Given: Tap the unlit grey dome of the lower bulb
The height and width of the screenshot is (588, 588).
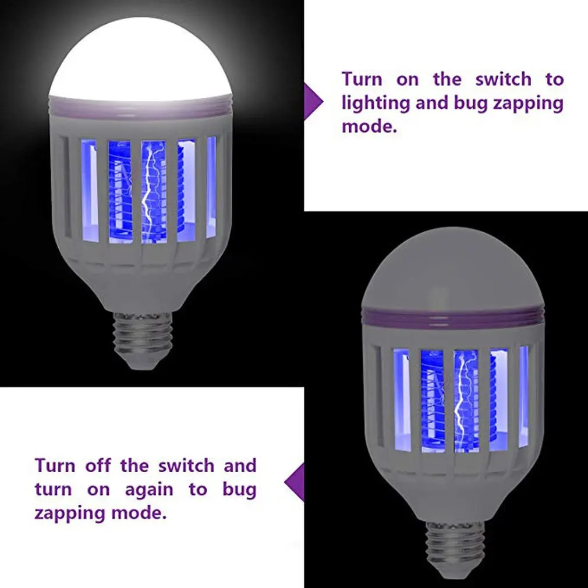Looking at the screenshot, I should click(453, 268).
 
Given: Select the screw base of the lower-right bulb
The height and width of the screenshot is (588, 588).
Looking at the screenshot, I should click(454, 547).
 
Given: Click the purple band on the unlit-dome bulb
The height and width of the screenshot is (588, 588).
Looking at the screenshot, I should click(453, 318).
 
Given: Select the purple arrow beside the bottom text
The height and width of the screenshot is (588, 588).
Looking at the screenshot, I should click(295, 483).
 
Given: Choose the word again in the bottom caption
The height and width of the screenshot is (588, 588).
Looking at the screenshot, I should click(148, 490).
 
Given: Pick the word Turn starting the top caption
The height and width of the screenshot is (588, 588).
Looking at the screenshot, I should click(363, 79).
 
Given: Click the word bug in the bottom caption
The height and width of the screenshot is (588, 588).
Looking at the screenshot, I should click(239, 490).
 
